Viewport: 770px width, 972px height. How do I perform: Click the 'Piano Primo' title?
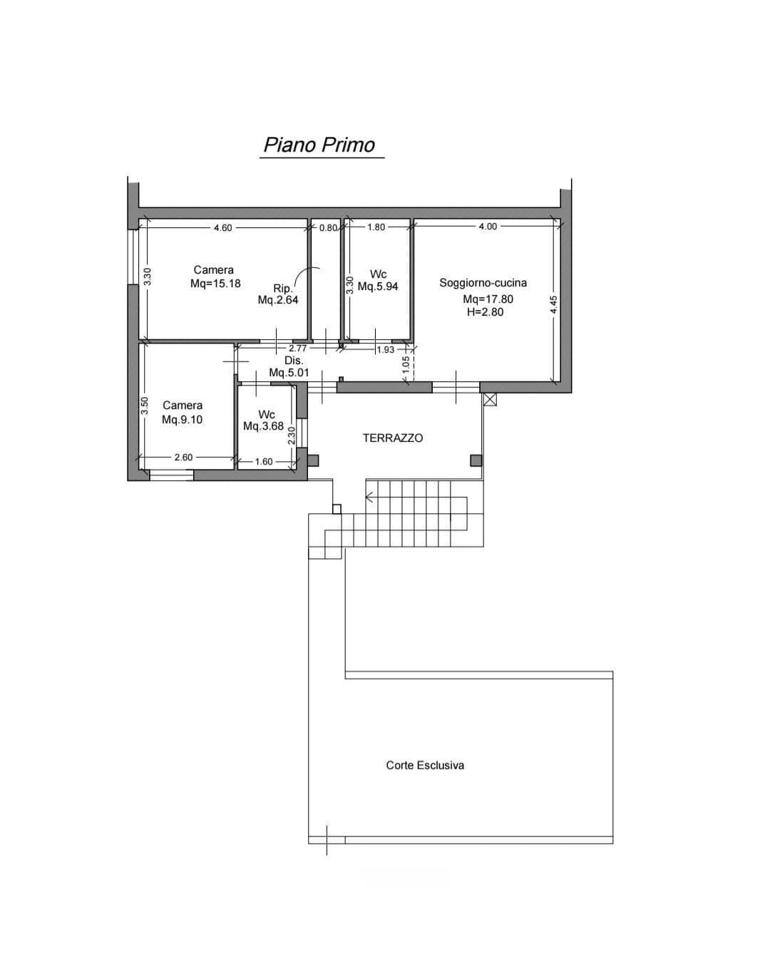pyautogui.click(x=319, y=145)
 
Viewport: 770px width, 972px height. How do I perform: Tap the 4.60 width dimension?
pyautogui.click(x=222, y=227)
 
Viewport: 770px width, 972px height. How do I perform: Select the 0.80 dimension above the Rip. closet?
pyautogui.click(x=328, y=227)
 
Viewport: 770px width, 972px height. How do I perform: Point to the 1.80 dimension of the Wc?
pyautogui.click(x=376, y=227)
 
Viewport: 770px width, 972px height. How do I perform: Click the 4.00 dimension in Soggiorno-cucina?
pyautogui.click(x=488, y=227)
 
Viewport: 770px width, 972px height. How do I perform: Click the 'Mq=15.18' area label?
pyautogui.click(x=215, y=284)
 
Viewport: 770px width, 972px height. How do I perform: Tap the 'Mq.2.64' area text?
pyautogui.click(x=278, y=300)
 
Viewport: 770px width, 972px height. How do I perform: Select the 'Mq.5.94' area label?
pyautogui.click(x=378, y=286)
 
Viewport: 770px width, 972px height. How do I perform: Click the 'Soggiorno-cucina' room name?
pyautogui.click(x=483, y=283)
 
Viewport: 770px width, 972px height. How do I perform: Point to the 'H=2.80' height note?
pyautogui.click(x=485, y=312)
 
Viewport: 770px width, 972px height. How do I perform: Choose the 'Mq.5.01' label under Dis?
pyautogui.click(x=289, y=373)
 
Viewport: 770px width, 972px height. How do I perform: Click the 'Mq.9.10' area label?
pyautogui.click(x=182, y=420)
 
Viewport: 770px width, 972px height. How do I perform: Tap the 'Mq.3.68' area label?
pyautogui.click(x=264, y=426)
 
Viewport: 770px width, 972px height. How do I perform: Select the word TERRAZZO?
pyautogui.click(x=393, y=438)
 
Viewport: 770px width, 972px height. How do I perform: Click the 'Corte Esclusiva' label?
pyautogui.click(x=425, y=765)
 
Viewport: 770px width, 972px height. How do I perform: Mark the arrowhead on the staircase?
pyautogui.click(x=369, y=497)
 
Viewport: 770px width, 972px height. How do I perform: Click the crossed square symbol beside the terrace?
pyautogui.click(x=490, y=399)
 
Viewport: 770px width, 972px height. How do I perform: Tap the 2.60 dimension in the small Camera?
pyautogui.click(x=183, y=457)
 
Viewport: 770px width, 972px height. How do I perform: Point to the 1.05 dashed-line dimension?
pyautogui.click(x=406, y=365)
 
